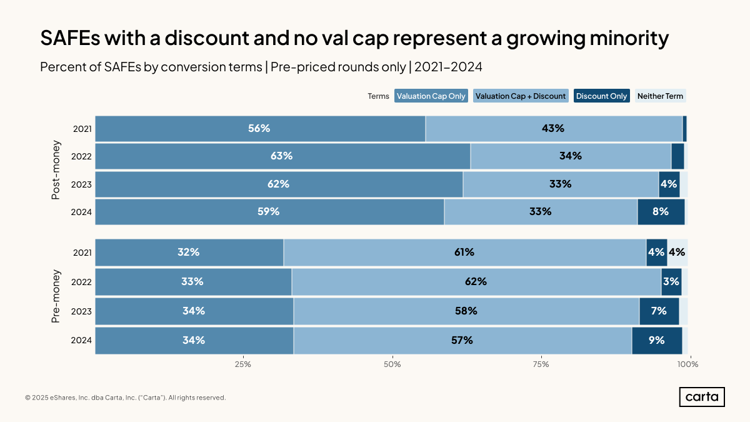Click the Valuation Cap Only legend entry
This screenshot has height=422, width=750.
(x=431, y=96)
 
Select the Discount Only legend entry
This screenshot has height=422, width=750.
(x=601, y=96)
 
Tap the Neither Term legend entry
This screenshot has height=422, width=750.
(x=661, y=96)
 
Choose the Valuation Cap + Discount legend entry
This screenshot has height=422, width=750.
(x=521, y=96)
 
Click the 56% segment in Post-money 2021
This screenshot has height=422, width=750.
(x=260, y=128)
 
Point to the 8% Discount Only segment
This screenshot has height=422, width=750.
(x=661, y=211)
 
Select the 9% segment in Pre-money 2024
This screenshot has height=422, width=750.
(x=656, y=341)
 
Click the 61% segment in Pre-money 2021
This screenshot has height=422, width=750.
(x=464, y=253)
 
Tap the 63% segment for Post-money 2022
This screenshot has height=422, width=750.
(x=282, y=156)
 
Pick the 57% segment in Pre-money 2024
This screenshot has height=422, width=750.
(x=462, y=341)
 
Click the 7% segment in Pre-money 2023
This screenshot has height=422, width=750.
(x=659, y=311)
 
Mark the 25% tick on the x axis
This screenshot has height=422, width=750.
(x=243, y=364)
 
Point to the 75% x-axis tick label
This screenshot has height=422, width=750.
(x=541, y=364)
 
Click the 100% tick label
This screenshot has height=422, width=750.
(x=688, y=364)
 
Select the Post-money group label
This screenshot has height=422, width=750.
(x=56, y=170)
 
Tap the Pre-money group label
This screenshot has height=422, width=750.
(x=56, y=296)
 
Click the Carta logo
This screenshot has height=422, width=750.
(x=702, y=397)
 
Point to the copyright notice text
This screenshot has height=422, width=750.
(x=125, y=398)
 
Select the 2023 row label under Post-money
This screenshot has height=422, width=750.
(x=82, y=184)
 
